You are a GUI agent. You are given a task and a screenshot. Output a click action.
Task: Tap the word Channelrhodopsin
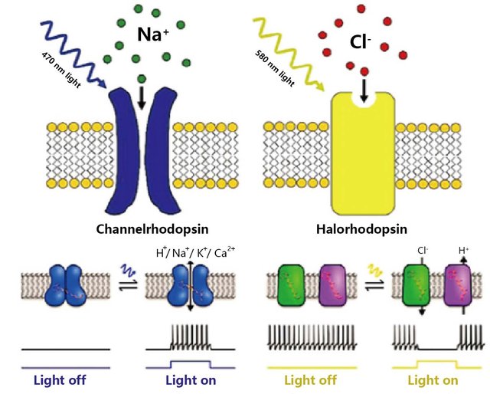pos(155,228)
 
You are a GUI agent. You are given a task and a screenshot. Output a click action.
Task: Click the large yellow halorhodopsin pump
pos(364,153)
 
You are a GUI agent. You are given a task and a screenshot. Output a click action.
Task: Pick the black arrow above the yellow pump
pos(364,91)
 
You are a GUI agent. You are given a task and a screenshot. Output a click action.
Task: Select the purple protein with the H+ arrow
pos(459,285)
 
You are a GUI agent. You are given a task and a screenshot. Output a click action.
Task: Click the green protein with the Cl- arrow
pos(413,285)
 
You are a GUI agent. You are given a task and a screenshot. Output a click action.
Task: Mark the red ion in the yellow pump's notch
pos(364,72)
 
